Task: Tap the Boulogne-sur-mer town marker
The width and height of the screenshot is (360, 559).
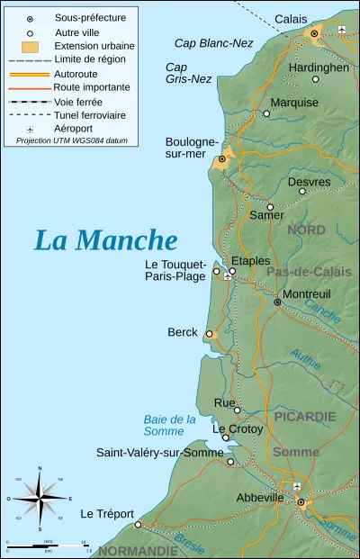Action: (222, 159)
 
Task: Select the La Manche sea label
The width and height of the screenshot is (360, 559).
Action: (105, 240)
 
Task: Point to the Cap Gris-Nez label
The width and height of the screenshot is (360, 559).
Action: (188, 73)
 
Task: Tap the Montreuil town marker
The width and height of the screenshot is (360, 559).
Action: (277, 302)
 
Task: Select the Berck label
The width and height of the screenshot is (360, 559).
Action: (183, 332)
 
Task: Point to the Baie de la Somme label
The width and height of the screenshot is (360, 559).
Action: (169, 425)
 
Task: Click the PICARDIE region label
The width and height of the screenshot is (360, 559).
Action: (307, 417)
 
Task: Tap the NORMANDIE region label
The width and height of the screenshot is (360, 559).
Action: (139, 550)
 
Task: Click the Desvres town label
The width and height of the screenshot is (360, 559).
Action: (309, 182)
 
